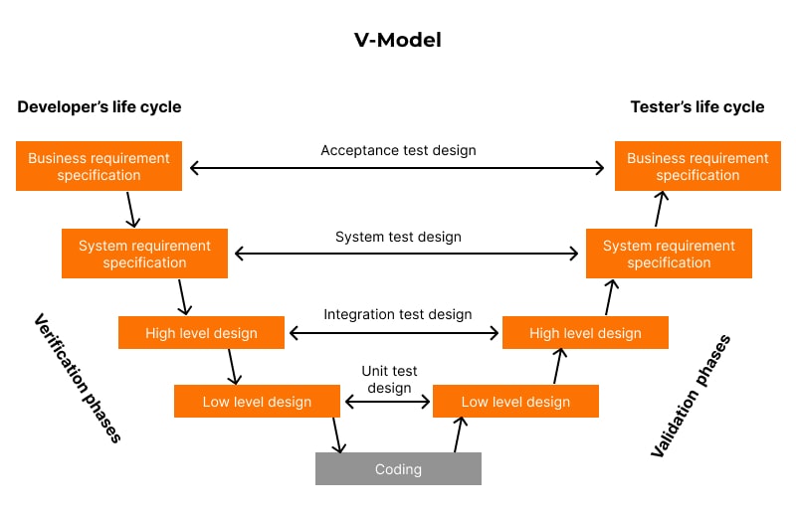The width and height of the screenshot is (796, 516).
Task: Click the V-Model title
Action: point(397,41)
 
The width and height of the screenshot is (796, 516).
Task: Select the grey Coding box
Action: point(398,469)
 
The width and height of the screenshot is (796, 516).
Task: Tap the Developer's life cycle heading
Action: point(99,106)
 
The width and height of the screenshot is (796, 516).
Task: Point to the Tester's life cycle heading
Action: point(697,106)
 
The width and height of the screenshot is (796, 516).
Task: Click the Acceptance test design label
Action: point(398,150)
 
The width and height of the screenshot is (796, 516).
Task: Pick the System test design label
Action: point(398,237)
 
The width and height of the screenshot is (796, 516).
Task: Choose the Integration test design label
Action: point(398,314)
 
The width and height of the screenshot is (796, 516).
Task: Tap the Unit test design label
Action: point(389,379)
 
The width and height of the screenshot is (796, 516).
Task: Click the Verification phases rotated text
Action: point(77,378)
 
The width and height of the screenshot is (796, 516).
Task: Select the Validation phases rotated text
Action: point(691,396)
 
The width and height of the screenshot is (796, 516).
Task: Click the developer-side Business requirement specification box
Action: point(99,166)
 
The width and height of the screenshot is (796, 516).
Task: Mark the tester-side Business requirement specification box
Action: point(697,166)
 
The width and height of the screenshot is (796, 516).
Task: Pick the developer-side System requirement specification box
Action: point(145,254)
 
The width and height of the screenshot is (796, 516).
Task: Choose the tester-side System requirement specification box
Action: point(669,254)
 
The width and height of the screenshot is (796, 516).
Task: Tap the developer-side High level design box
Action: point(201,333)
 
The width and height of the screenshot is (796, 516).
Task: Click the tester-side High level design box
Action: point(585,333)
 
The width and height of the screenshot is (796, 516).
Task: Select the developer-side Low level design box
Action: point(257,402)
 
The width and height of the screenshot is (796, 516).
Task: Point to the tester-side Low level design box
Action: point(515,402)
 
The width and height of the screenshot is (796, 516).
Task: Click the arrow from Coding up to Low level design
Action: point(459,434)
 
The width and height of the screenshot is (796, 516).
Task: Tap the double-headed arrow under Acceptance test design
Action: point(397,168)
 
